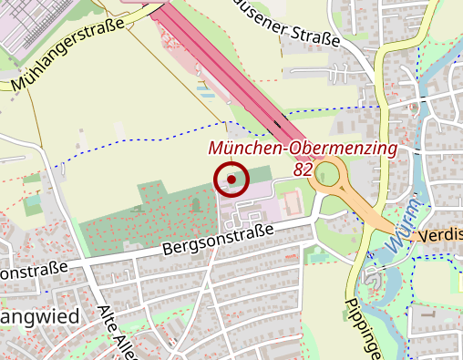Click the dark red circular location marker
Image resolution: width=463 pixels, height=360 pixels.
(x=232, y=180)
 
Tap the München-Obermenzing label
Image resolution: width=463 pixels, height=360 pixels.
(x=303, y=148)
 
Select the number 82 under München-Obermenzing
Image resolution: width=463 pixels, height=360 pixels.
(x=304, y=169)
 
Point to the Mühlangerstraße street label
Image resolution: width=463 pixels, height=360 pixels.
(x=67, y=58)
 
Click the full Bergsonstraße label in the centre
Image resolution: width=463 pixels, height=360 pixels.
(x=218, y=239)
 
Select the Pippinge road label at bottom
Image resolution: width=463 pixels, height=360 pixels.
(x=358, y=328)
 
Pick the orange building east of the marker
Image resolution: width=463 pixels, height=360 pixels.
(x=291, y=202)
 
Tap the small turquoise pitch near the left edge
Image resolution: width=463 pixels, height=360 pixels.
(x=32, y=204)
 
